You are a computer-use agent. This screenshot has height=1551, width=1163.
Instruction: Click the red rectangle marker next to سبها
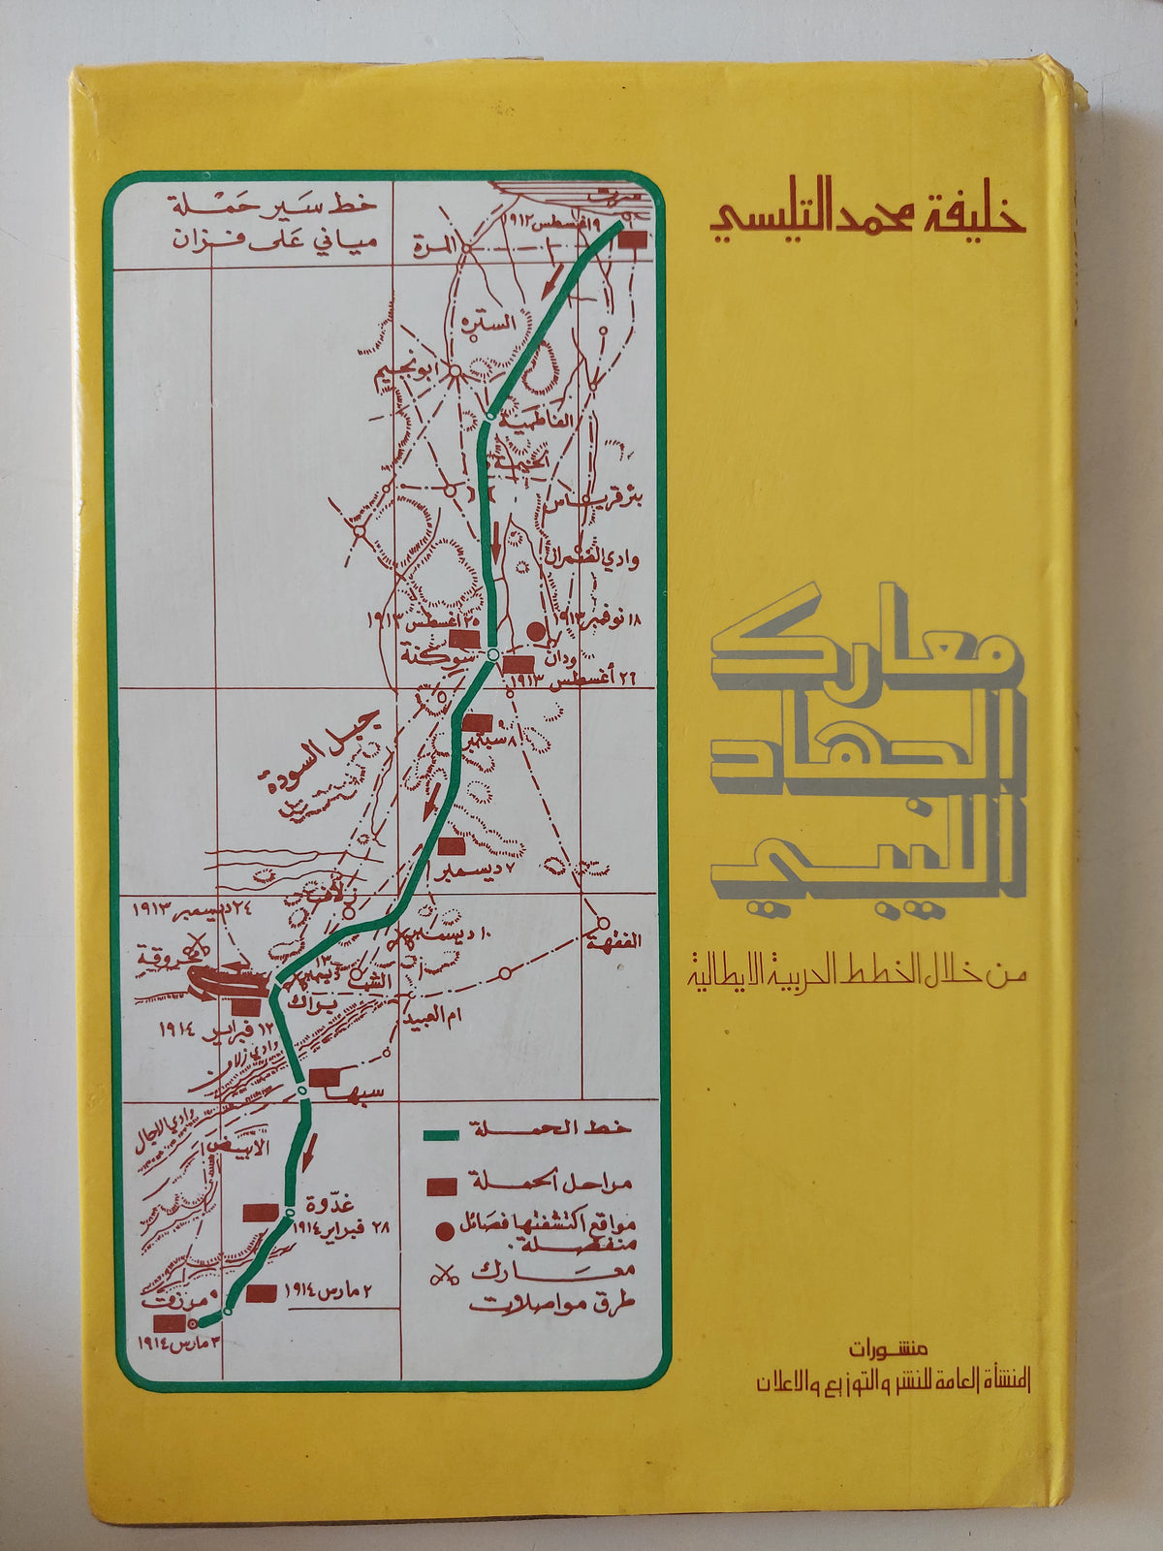[x=323, y=1075]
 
